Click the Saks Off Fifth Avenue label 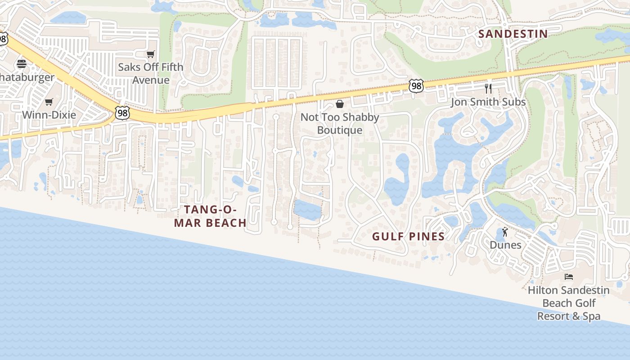click(x=150, y=73)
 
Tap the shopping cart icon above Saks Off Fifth click(x=150, y=54)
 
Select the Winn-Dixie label click(x=49, y=115)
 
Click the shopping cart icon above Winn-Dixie click(x=49, y=102)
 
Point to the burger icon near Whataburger click(x=22, y=63)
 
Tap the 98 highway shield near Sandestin click(x=416, y=85)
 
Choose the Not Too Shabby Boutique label click(x=340, y=123)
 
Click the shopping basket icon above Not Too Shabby click(x=340, y=104)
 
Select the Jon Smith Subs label click(x=488, y=102)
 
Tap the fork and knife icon click(x=488, y=88)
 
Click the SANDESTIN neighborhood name click(x=513, y=34)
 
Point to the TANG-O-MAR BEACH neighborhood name click(x=210, y=216)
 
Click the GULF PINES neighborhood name click(x=409, y=236)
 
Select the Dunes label click(x=505, y=245)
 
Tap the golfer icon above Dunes click(x=505, y=232)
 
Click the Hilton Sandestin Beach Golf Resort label click(x=569, y=303)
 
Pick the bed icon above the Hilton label click(x=569, y=277)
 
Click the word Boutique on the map click(x=340, y=130)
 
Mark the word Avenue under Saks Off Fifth click(x=151, y=80)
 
